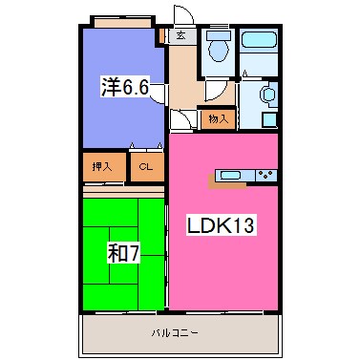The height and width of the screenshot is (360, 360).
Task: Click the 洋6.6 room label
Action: [125, 87]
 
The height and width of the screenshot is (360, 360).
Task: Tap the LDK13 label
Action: [221, 225]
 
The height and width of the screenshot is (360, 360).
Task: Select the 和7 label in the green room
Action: [123, 254]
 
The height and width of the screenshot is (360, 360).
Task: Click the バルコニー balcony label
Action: [175, 333]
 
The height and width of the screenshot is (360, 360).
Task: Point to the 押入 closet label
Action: [102, 166]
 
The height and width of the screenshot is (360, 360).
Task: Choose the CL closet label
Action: [146, 166]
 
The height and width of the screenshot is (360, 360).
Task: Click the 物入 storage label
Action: [219, 119]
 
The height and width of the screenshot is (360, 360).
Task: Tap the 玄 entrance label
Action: [181, 35]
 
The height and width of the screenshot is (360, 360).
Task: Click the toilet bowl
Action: [219, 50]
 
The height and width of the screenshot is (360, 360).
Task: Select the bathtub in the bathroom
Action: [259, 39]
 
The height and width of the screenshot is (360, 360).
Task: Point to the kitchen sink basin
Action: [230, 175]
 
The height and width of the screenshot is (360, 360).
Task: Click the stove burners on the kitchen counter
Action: [266, 175]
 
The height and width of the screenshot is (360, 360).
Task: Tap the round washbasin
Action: [268, 95]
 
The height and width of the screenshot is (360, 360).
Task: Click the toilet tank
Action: [219, 35]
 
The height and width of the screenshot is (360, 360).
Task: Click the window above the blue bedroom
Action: [122, 23]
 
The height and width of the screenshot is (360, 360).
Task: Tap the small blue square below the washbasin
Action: [269, 120]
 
